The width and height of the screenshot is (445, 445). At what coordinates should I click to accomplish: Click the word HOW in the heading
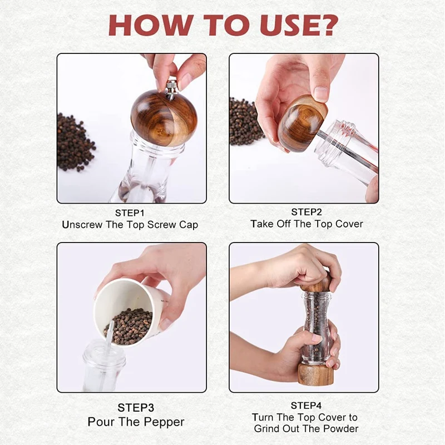(x=151, y=25)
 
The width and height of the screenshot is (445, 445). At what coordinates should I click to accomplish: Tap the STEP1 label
(x=130, y=213)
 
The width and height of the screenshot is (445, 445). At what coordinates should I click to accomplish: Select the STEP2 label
(x=306, y=212)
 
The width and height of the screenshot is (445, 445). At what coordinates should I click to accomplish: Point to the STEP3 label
(x=136, y=408)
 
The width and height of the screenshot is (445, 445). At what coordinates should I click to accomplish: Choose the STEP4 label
(x=306, y=406)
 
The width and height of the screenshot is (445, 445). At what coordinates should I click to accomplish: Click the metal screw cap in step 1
(x=172, y=89)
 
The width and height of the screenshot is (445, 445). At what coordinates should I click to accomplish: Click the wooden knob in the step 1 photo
(x=160, y=118)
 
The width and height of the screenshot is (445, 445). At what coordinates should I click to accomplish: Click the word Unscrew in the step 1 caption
(x=82, y=225)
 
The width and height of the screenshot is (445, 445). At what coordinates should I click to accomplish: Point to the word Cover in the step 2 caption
(x=349, y=224)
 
